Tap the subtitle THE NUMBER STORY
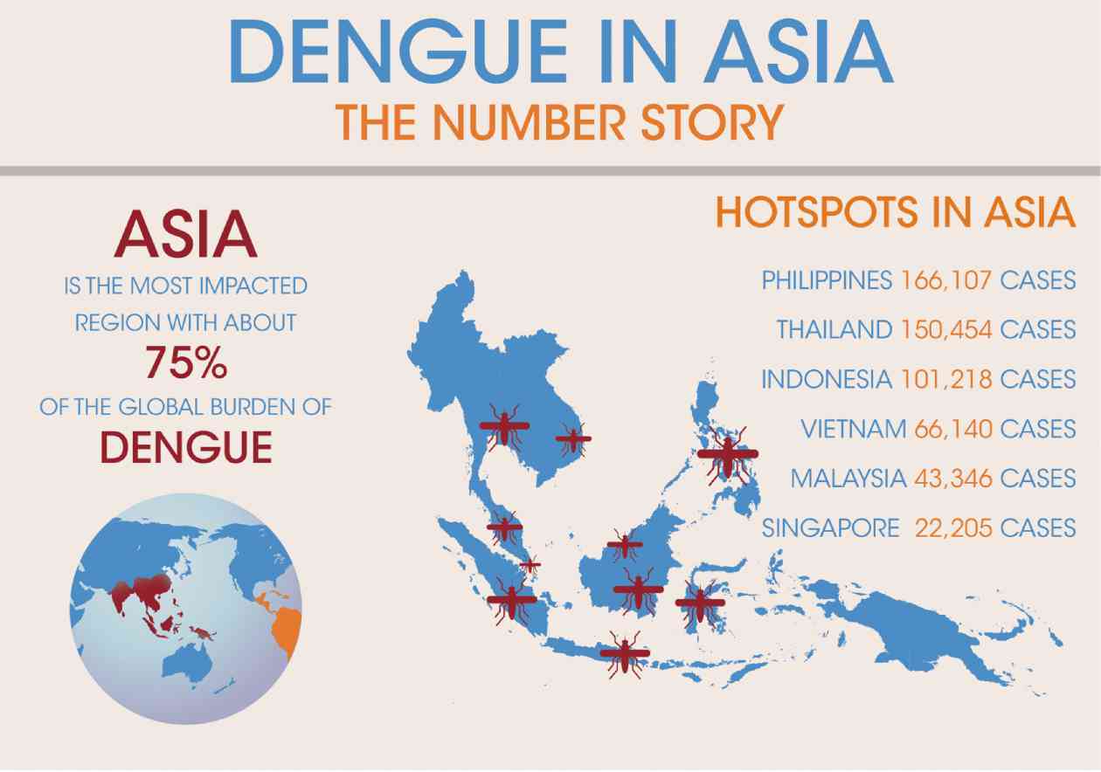559,121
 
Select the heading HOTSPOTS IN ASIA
895,213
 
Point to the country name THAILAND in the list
834,330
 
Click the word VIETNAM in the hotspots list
854,430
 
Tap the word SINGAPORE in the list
830,528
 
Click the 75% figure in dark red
186,363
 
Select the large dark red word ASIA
186,236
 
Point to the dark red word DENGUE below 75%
186,447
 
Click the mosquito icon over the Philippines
727,454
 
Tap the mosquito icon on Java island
625,653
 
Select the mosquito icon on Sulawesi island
700,602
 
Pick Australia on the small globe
190,659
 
